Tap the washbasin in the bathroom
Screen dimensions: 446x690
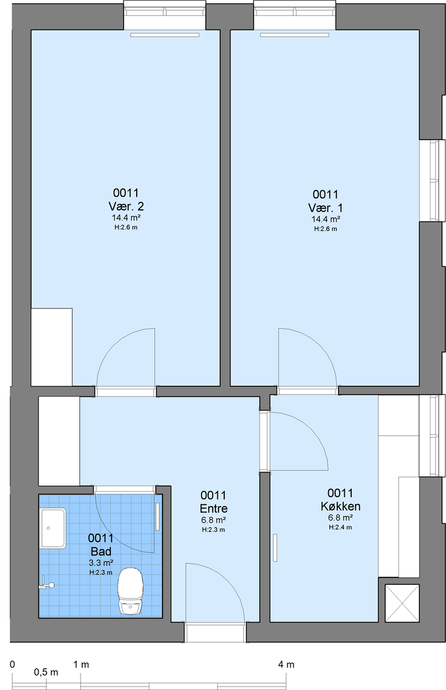[x=53, y=528]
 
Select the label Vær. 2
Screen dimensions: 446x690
[x=126, y=206]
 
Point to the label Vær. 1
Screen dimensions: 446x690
[x=325, y=208]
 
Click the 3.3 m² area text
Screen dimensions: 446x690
[x=101, y=563]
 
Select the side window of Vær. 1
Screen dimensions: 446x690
[x=432, y=181]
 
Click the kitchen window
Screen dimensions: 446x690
[x=432, y=436]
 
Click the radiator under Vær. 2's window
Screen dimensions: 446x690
[x=165, y=35]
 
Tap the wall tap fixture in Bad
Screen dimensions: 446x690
[x=47, y=585]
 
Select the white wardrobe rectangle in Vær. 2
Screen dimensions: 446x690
[x=52, y=347]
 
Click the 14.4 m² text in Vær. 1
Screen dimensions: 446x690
[x=326, y=219]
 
